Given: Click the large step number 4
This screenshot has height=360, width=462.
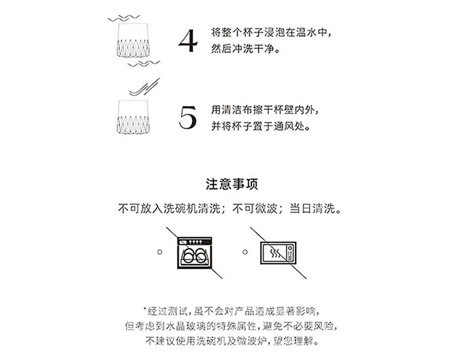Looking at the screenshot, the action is pos(188,41).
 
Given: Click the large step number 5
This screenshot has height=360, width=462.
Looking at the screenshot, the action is pos(188,117).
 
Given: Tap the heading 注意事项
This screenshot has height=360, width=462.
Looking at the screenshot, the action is pos(232,184).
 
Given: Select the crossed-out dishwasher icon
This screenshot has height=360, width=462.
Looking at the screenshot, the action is pos(195,252).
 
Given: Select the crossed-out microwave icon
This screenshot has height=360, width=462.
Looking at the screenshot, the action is pos(278,253).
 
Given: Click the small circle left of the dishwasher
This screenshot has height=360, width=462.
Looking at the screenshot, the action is pos(160,252).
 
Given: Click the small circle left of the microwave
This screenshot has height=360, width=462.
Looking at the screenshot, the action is pos(245,252).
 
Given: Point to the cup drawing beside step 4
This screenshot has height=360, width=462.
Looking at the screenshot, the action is pos(133,40).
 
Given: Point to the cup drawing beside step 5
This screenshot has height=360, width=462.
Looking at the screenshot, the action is pos(133,117).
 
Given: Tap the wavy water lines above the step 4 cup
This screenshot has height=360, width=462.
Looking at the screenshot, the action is pos(124,18).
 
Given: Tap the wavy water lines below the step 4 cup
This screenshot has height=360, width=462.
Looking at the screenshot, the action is pos(144,63).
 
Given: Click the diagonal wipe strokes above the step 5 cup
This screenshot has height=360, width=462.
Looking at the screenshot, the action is pos(145,87).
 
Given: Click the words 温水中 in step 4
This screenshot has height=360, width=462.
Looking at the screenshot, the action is pos(312,32).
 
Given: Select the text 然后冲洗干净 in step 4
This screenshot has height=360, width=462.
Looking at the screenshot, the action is pos(243,49).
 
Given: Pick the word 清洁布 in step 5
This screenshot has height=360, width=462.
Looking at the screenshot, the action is pos(237,110).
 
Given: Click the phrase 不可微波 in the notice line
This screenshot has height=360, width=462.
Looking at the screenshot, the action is pos(255,209).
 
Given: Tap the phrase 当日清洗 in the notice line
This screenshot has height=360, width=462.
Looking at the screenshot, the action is pos(312,209).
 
